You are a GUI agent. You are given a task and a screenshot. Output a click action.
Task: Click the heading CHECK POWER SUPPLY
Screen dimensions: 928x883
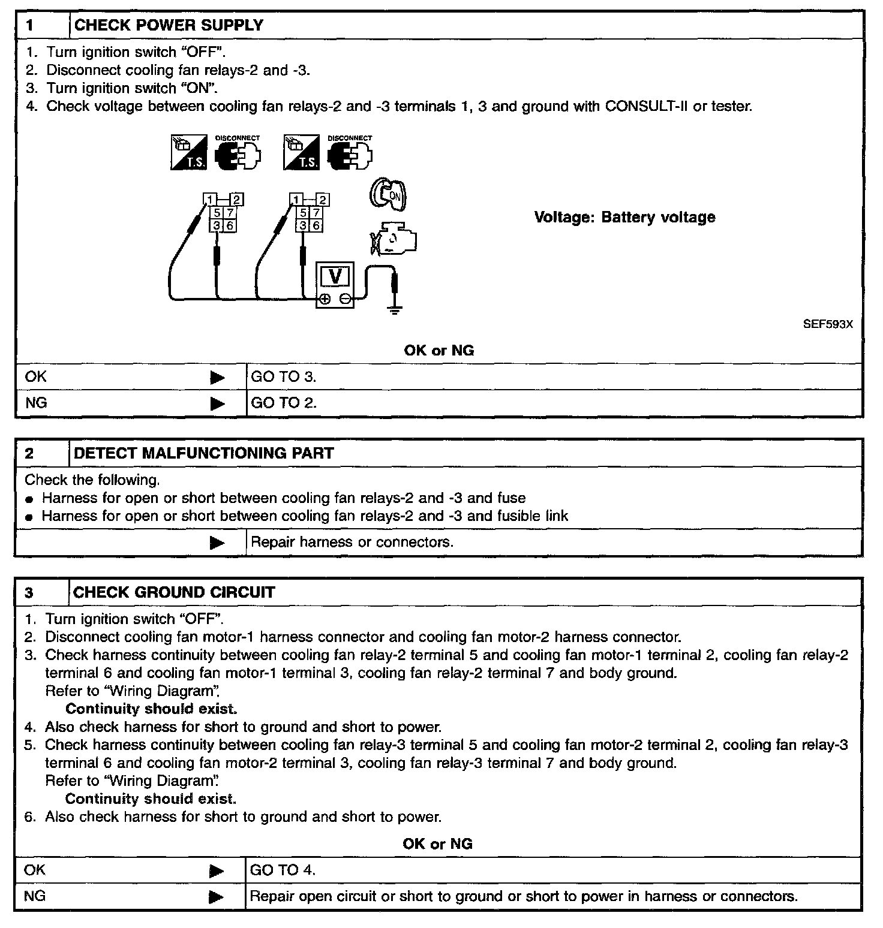point(169,25)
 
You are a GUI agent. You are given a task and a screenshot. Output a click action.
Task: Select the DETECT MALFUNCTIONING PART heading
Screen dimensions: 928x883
point(203,453)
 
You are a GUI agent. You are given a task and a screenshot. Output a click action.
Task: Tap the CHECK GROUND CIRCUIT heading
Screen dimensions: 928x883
point(174,592)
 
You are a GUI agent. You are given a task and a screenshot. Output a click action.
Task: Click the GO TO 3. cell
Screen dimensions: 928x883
point(283,377)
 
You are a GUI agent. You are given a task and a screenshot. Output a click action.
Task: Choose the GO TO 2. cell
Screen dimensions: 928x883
point(283,403)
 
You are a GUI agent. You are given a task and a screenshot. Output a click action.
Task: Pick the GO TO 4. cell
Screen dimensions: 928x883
point(282,870)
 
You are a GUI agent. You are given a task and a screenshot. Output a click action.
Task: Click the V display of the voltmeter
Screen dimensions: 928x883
point(335,276)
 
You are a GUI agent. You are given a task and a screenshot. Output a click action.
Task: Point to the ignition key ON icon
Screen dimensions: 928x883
point(389,194)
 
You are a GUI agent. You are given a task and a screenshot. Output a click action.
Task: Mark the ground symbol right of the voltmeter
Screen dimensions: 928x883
point(394,310)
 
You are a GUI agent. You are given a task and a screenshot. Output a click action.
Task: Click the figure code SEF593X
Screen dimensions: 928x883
point(828,324)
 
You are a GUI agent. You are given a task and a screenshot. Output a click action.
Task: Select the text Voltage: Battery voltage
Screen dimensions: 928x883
point(624,217)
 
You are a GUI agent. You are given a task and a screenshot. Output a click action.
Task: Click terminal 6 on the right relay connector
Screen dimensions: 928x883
point(316,225)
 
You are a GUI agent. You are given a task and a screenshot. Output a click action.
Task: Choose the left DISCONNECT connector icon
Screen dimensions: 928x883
point(237,153)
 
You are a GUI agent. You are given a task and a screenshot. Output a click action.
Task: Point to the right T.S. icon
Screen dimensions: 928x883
point(301,153)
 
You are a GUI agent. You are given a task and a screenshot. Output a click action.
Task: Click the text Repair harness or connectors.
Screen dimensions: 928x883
point(352,543)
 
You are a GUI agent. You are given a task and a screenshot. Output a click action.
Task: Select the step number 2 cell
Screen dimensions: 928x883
point(29,453)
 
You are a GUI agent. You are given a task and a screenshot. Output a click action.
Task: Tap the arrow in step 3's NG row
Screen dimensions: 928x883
point(216,897)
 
